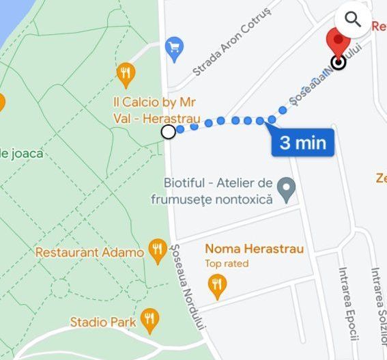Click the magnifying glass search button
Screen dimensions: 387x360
[x=353, y=19]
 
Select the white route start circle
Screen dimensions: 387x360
[x=169, y=132]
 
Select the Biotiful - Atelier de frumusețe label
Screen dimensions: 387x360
[x=218, y=191]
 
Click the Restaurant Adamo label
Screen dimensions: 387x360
[x=89, y=252]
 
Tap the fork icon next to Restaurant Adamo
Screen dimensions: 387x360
[x=158, y=251]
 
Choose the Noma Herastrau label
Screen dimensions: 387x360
[x=254, y=249]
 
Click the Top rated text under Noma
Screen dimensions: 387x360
[x=227, y=264]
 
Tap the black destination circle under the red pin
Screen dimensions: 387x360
[x=338, y=64]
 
